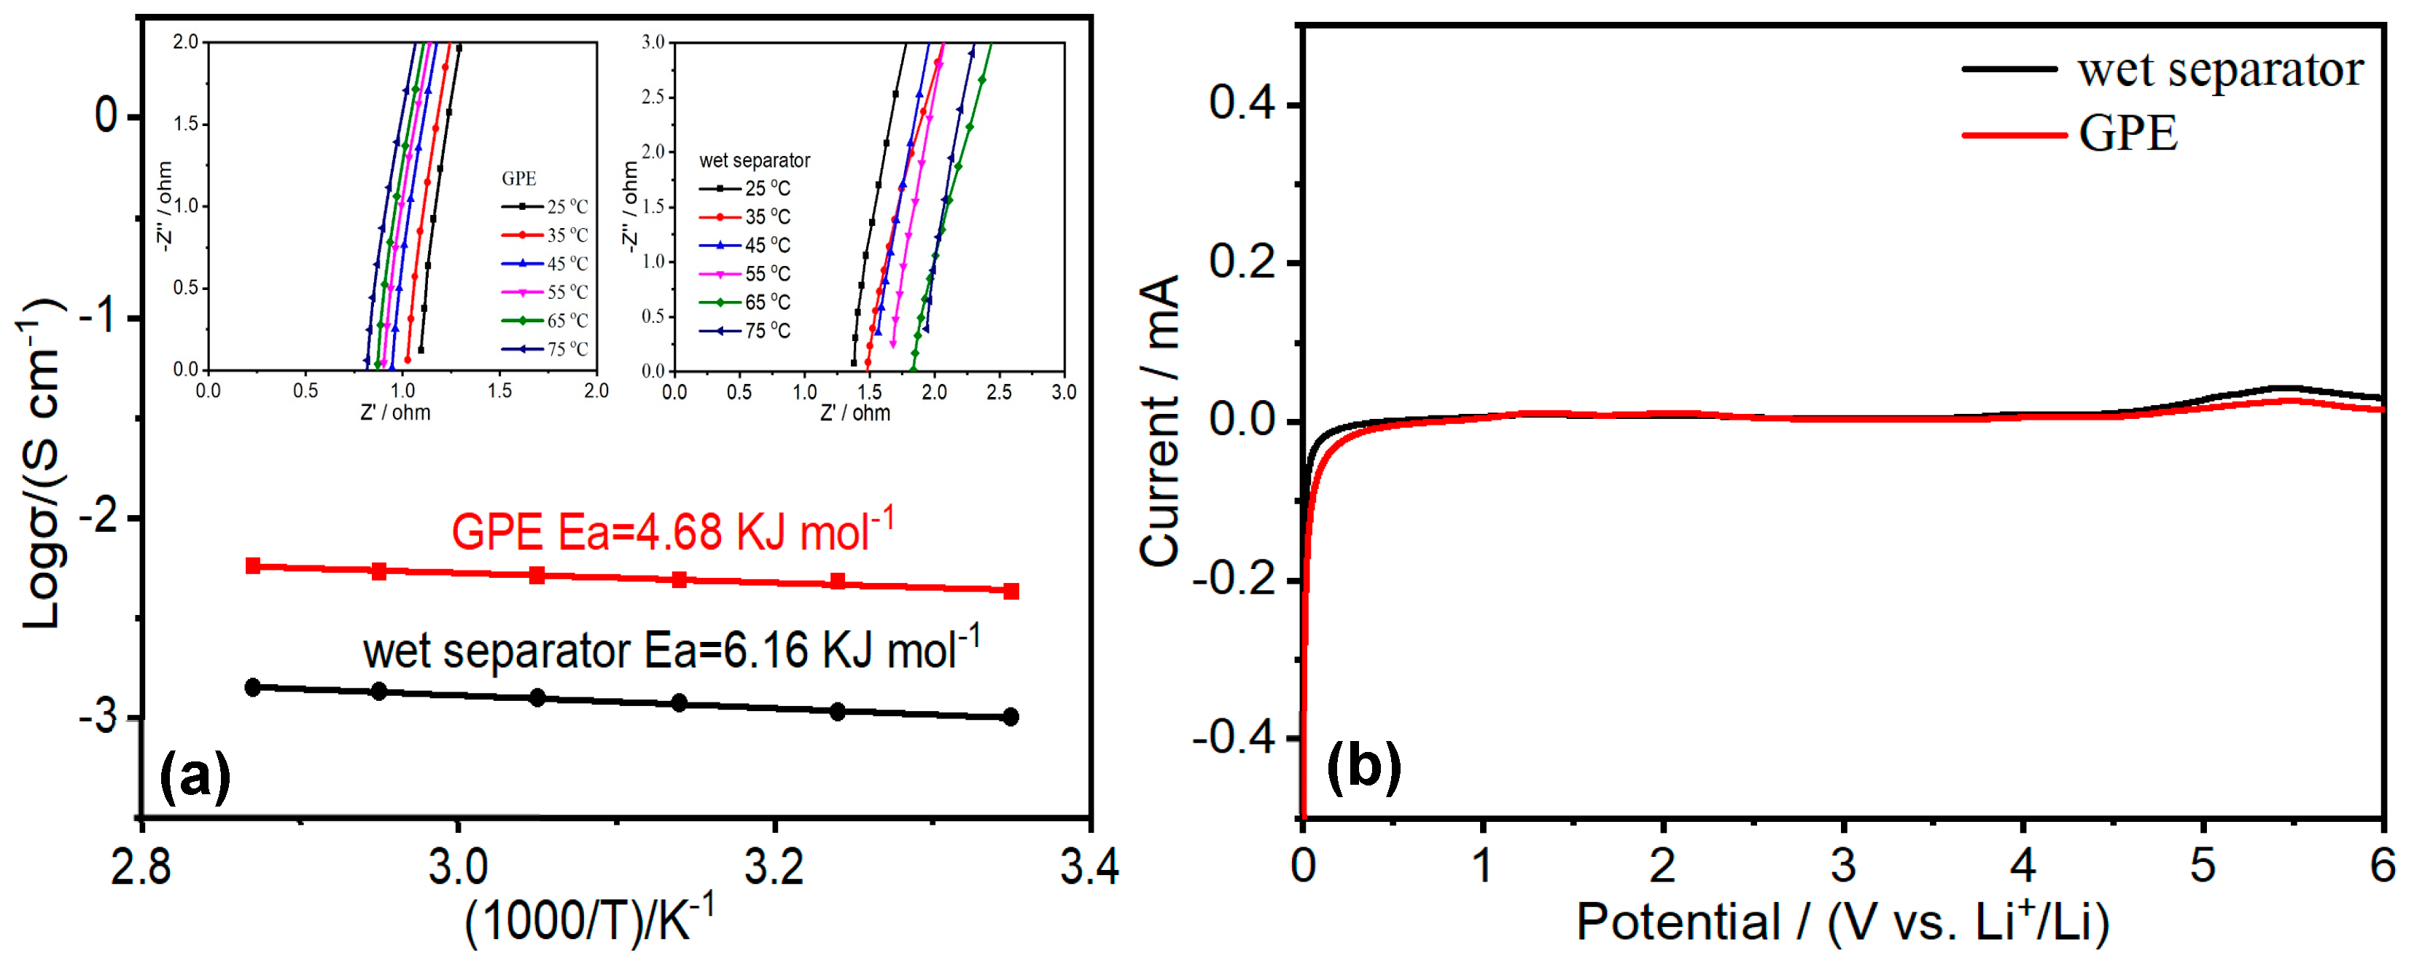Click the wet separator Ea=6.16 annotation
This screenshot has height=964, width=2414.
(671, 649)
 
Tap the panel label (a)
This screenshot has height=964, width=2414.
(194, 776)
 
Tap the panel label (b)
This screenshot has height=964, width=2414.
(1363, 764)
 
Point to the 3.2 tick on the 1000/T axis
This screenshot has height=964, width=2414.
(774, 866)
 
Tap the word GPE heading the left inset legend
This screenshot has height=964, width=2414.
(518, 178)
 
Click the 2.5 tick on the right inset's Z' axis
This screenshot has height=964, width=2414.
(999, 391)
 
